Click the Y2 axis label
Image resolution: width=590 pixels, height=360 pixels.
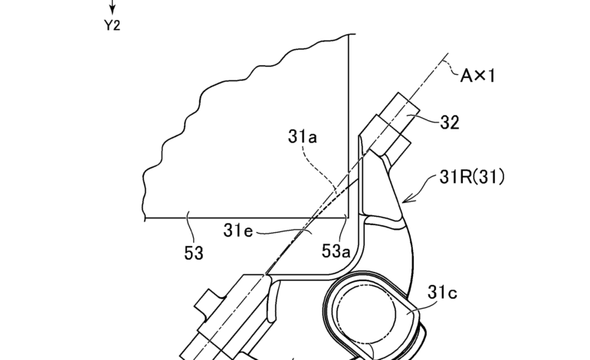pos(112,25)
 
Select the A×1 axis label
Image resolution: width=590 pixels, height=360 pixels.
pos(478,76)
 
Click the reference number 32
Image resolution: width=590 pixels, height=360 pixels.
pos(450,123)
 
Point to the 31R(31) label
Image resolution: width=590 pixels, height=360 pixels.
pos(472,177)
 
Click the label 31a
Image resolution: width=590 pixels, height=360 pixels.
pos(303,136)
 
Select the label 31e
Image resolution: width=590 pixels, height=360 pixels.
pos(238,231)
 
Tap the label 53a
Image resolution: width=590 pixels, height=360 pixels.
pos(336,251)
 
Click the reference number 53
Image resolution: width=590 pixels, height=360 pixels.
pos(194,254)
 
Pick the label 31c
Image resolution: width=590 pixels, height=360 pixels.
pos(442,293)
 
